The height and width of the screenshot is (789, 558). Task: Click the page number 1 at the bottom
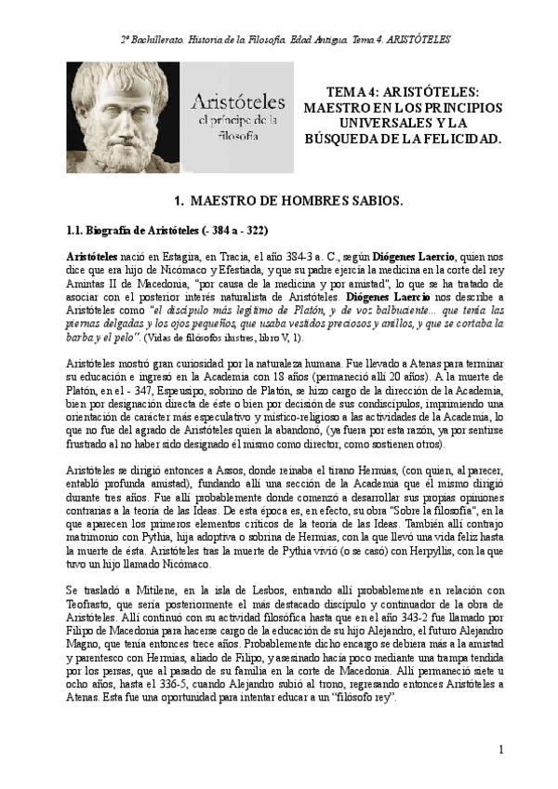coord(500,749)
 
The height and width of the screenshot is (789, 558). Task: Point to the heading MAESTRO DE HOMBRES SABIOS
coord(289,200)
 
